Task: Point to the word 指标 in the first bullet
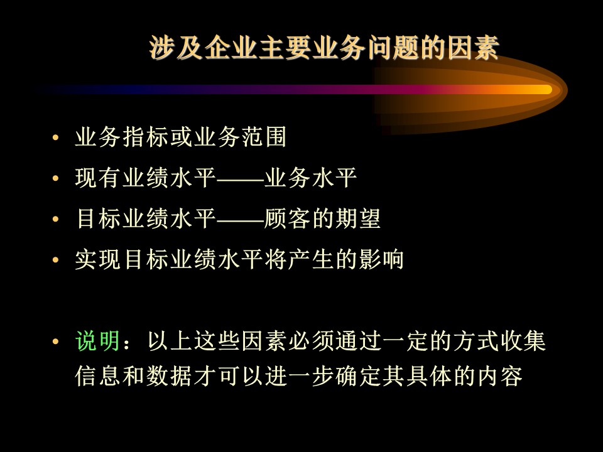point(146,137)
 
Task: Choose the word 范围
point(264,137)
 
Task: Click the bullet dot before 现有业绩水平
point(55,178)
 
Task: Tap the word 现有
point(99,178)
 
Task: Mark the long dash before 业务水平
point(241,179)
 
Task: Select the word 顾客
point(287,218)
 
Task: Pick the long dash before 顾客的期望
point(241,220)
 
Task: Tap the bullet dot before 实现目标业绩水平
point(55,259)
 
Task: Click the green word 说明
point(98,341)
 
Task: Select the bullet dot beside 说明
point(55,341)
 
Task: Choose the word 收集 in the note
point(523,341)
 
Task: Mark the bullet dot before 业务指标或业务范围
point(55,137)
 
